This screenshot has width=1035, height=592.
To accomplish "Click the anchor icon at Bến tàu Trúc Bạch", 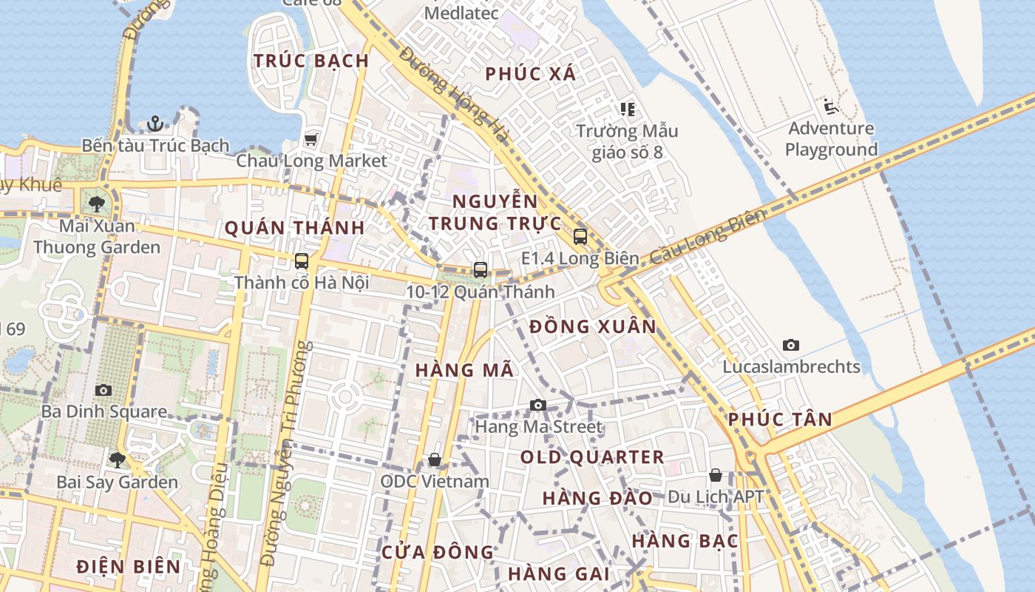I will click(155, 123).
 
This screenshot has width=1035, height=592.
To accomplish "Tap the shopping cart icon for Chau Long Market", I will click(311, 139).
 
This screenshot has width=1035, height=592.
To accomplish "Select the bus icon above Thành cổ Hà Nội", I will click(302, 260).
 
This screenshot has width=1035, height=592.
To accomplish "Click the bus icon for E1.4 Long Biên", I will click(580, 237).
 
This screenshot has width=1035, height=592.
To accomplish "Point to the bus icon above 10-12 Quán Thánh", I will click(481, 270).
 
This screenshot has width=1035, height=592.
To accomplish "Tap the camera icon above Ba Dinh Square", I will click(103, 390).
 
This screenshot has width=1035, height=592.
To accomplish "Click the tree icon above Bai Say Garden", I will click(117, 460).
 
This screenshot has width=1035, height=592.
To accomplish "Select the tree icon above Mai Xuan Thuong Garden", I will click(96, 203).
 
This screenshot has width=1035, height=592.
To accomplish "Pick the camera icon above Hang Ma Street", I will click(538, 405).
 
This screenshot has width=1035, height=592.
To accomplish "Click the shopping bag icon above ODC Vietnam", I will click(435, 460).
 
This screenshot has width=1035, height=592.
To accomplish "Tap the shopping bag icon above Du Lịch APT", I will click(716, 474).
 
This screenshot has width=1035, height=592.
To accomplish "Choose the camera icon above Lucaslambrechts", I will click(791, 345).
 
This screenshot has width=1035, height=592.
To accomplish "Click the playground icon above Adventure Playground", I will click(830, 107).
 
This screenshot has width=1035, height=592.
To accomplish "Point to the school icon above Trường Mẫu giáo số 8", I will click(628, 110).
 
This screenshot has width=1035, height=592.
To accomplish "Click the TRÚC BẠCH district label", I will click(311, 61).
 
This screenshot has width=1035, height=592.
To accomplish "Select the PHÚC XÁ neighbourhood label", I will click(531, 74).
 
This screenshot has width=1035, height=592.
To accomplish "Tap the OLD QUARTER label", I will click(592, 457).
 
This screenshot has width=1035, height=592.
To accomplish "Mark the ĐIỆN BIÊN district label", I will click(129, 567).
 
